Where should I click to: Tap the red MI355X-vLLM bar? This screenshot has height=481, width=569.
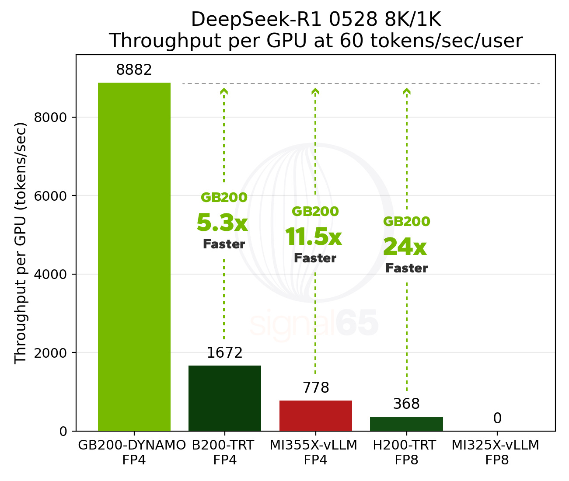[315, 415]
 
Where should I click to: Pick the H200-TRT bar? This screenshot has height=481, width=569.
[406, 424]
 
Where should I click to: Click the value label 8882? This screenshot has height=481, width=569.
[134, 70]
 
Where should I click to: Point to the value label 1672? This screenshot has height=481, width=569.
[224, 353]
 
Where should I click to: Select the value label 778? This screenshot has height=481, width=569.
[315, 388]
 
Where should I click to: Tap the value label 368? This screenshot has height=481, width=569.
[406, 404]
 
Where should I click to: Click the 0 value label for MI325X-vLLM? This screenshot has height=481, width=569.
[497, 419]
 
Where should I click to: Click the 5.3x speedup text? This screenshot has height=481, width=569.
[222, 223]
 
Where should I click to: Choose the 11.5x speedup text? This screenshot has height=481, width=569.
[313, 237]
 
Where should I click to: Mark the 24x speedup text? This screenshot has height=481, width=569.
[405, 247]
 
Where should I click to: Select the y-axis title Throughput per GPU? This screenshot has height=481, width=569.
[21, 243]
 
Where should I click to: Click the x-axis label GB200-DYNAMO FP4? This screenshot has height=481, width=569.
[132, 453]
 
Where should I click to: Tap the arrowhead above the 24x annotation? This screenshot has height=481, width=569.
[407, 91]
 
